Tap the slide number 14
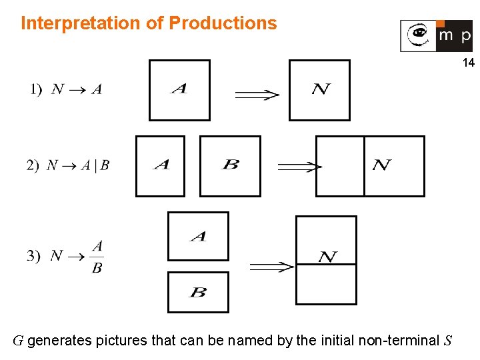(468, 63)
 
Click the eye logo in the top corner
(418, 35)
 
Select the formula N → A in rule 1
(77, 89)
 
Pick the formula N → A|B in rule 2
(77, 165)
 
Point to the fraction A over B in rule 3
(97, 257)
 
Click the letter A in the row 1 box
(179, 89)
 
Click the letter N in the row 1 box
(321, 89)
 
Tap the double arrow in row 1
(257, 95)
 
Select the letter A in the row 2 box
(161, 164)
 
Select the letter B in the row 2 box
(231, 164)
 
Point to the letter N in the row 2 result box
(381, 165)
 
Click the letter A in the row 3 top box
(198, 236)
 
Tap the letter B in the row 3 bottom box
(198, 292)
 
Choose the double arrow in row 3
(271, 267)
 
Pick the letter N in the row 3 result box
(327, 257)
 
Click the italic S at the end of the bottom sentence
(447, 341)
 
